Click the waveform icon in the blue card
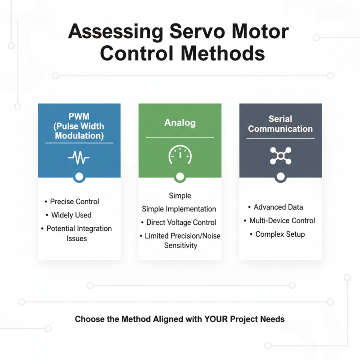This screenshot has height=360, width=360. coord(79,157)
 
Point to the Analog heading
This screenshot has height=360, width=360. coord(180,122)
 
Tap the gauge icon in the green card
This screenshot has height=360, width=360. coord(180,156)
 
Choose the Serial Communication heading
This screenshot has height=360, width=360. coord(280,124)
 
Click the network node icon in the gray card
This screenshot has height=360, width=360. coord(280,156)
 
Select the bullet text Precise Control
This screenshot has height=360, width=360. coord(74,202)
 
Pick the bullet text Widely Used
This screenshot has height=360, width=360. coord(71,215)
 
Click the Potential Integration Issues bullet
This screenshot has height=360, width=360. coord(79,233)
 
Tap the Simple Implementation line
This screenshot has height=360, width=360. coord(179,209)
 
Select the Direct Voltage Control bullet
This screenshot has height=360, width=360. coord(181,222)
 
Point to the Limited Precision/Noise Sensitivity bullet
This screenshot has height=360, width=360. coord(182,240)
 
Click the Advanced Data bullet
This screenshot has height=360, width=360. coord(278,207)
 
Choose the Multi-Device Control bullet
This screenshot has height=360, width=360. coord(282,220)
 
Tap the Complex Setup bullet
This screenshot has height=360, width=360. coord(280,234)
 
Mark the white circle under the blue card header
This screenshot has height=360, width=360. coord(79,177)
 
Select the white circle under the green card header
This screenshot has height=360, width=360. coord(180,177)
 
